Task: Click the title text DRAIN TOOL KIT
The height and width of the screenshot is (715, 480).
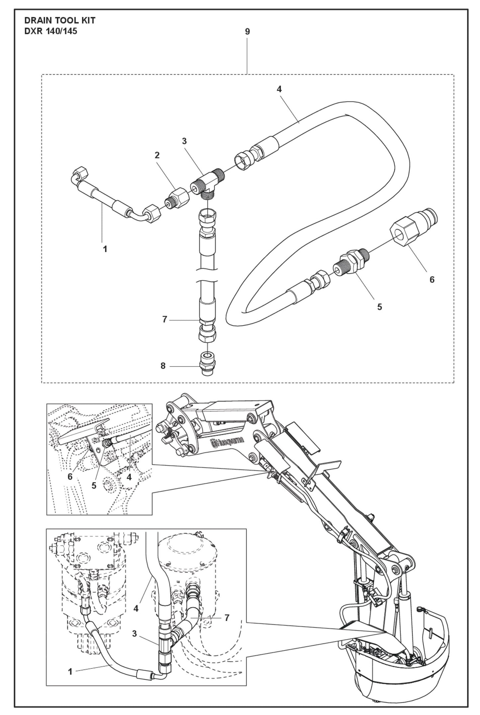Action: (x=60, y=21)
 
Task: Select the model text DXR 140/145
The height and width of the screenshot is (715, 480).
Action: (x=51, y=32)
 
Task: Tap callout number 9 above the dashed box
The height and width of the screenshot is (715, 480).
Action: (x=247, y=32)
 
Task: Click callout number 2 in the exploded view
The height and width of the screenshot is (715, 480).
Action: (x=157, y=155)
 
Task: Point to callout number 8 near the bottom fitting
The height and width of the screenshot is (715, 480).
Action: (x=163, y=366)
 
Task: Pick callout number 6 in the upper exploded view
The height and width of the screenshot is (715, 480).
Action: (x=432, y=280)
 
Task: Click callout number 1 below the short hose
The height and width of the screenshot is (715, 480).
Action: (x=105, y=249)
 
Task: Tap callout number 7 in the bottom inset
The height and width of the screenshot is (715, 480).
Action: (x=227, y=618)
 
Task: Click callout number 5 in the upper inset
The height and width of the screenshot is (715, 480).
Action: (x=94, y=486)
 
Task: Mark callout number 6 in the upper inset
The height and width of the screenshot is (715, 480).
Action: (x=70, y=477)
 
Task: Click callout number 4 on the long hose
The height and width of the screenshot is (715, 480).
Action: (x=279, y=89)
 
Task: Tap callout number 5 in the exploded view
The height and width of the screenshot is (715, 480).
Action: (x=380, y=307)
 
